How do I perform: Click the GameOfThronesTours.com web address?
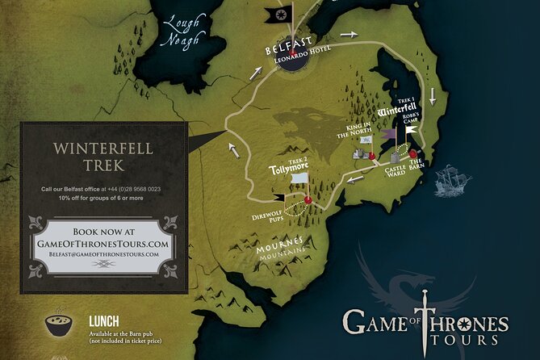[x=102, y=242]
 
